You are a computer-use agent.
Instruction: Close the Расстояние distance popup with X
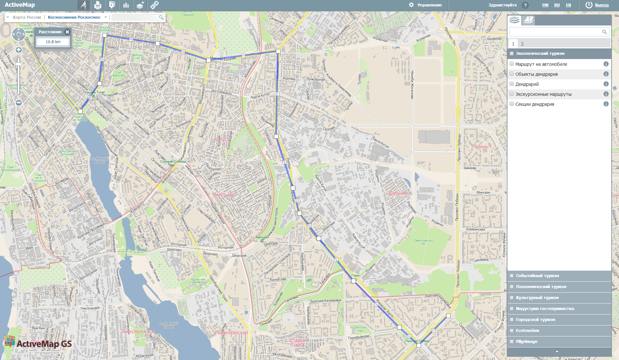67,32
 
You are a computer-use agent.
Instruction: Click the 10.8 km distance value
53,42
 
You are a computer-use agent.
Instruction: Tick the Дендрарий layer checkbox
512,84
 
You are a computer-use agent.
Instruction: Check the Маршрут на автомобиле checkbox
512,64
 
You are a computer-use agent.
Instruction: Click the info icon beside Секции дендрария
606,104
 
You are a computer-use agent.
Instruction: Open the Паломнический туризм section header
541,286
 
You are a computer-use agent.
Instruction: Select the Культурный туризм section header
537,297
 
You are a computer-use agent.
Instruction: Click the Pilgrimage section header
526,341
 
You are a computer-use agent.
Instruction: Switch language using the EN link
568,5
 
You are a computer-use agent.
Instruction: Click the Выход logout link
601,5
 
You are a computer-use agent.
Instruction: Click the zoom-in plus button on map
19,50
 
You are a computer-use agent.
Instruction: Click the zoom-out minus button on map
19,103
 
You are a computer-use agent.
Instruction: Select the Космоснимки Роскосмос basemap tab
74,17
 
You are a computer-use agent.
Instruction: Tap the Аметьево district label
224,195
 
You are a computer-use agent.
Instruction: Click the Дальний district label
398,193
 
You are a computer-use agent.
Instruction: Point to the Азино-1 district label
483,146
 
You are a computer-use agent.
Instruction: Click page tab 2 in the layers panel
522,44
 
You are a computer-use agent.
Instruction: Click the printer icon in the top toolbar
98,5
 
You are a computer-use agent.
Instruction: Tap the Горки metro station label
355,275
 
